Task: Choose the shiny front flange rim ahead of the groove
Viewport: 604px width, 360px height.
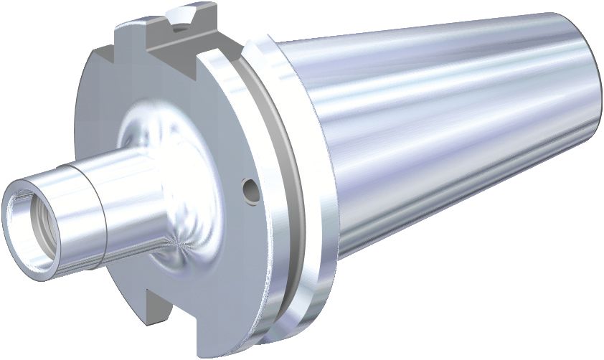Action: coord(251,237)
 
